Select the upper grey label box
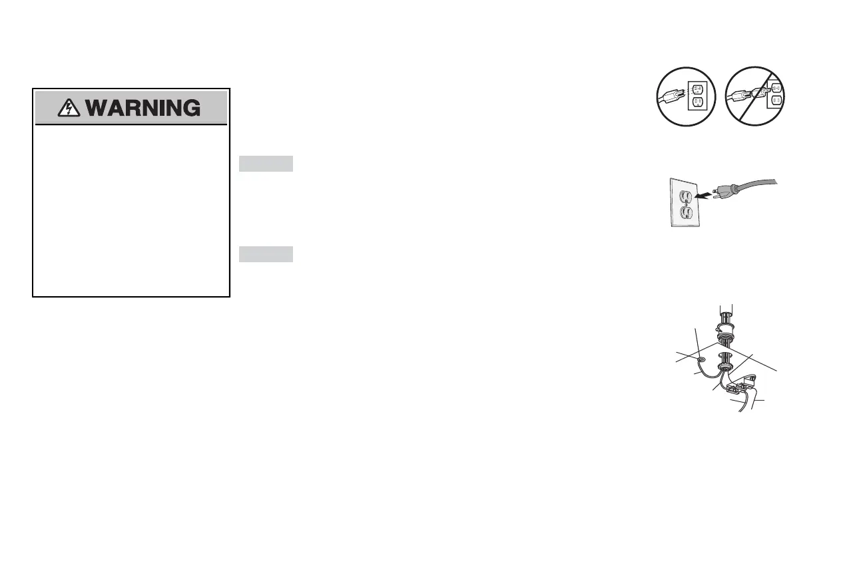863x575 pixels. (266, 164)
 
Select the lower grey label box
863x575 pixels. (266, 254)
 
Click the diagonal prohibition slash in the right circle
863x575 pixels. (756, 96)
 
